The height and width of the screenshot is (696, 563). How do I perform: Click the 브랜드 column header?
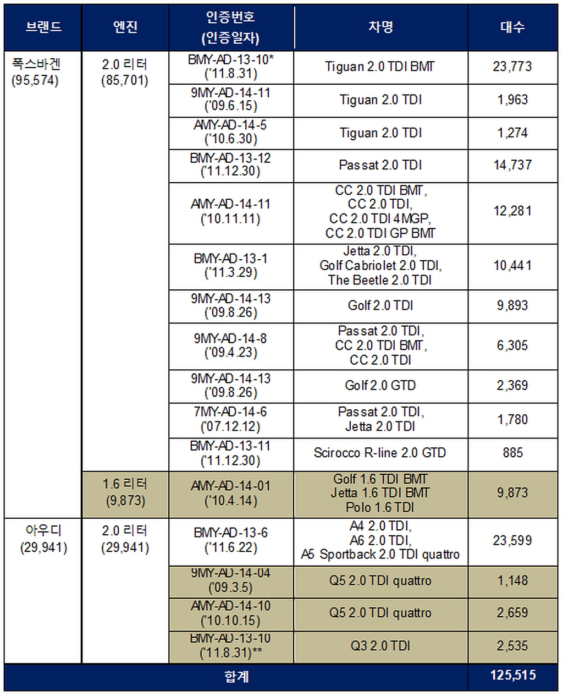43,27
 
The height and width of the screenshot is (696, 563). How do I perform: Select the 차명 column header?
381,27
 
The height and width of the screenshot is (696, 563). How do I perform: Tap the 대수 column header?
513,27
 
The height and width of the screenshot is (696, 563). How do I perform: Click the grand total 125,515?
513,675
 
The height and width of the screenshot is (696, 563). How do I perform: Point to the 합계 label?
237,676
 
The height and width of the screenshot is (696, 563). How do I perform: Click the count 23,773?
512,67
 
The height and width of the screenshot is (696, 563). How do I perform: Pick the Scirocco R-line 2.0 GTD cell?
380,453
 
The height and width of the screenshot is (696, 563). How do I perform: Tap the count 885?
513,453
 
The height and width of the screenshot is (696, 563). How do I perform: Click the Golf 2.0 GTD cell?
380,385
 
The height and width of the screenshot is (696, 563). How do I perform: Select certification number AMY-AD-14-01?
230,486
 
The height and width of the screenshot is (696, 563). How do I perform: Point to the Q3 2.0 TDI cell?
380,646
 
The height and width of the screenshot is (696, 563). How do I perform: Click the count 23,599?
512,541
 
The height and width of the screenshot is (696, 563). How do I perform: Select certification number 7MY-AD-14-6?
230,412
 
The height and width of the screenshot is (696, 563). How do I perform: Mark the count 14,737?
512,165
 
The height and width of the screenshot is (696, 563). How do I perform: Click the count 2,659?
512,613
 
